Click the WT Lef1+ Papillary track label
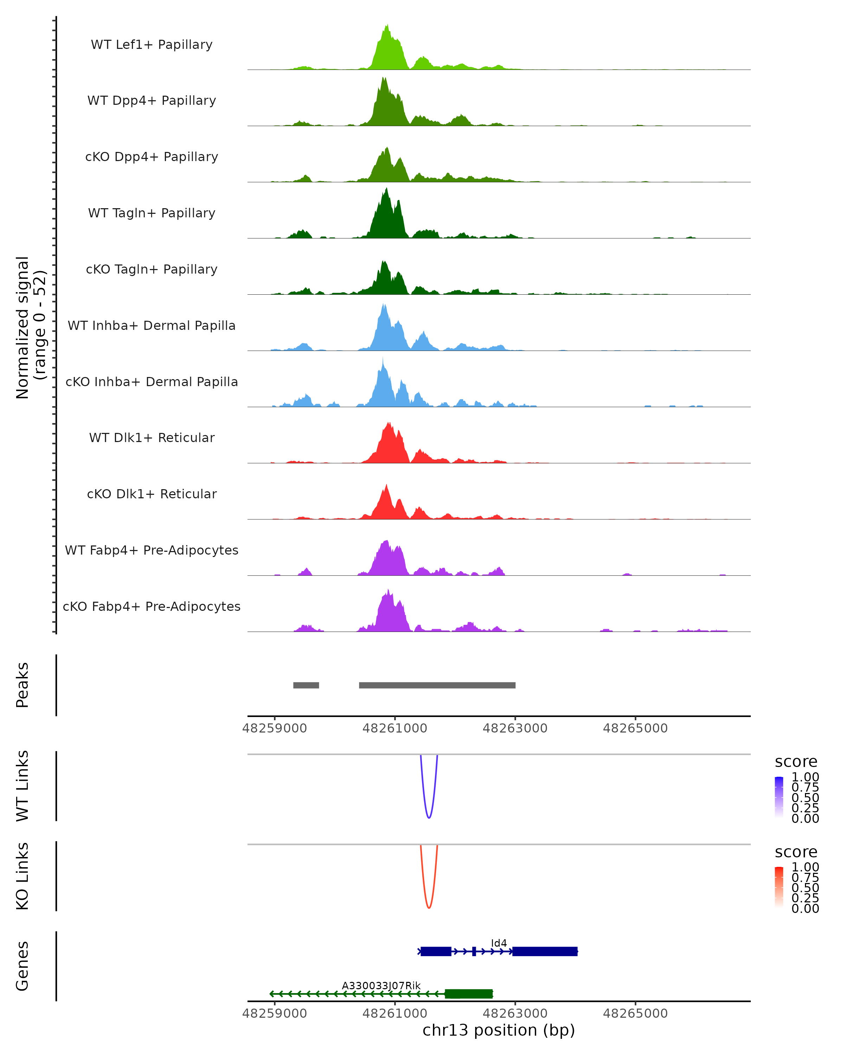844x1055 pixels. click(x=152, y=45)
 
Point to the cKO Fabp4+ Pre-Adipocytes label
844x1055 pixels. click(x=152, y=606)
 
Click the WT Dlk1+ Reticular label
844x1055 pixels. click(x=152, y=437)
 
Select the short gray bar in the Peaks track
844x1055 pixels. click(x=306, y=685)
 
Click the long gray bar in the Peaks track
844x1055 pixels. click(x=437, y=685)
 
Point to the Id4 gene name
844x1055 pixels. click(x=499, y=943)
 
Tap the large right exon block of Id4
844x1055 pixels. click(x=545, y=951)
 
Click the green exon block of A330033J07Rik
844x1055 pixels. click(x=468, y=994)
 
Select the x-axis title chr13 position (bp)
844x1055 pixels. click(x=499, y=1030)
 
